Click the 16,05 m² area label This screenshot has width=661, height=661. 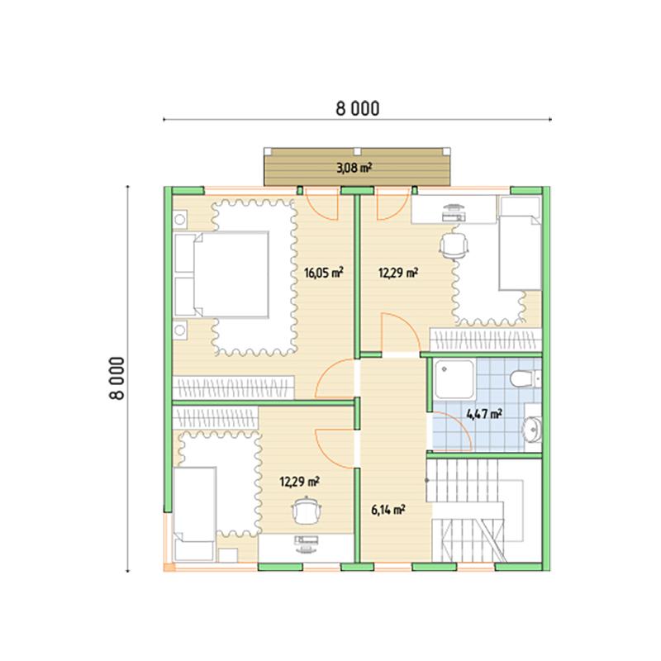tap(323, 273)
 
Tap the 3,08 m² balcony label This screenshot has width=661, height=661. tap(354, 169)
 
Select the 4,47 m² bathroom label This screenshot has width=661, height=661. tap(484, 414)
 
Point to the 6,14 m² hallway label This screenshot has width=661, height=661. tap(388, 511)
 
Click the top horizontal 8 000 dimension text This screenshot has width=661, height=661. tap(358, 109)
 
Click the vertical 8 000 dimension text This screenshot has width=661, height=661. tap(117, 378)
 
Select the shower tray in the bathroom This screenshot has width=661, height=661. tap(454, 379)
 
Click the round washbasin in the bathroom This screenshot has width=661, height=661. tap(532, 429)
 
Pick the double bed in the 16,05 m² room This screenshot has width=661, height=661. tap(221, 274)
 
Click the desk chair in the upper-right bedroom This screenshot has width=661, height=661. tap(454, 245)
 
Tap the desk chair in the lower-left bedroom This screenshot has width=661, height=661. tap(307, 510)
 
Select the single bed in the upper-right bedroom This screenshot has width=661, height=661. tap(520, 243)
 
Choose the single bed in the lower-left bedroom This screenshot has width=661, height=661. tap(194, 513)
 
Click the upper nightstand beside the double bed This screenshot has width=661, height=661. tap(180, 220)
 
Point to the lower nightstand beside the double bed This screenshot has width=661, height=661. tap(180, 330)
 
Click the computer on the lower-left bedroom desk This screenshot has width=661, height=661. tap(307, 544)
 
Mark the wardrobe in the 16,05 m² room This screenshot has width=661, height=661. tap(233, 388)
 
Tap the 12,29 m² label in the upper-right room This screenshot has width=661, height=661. tap(398, 273)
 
